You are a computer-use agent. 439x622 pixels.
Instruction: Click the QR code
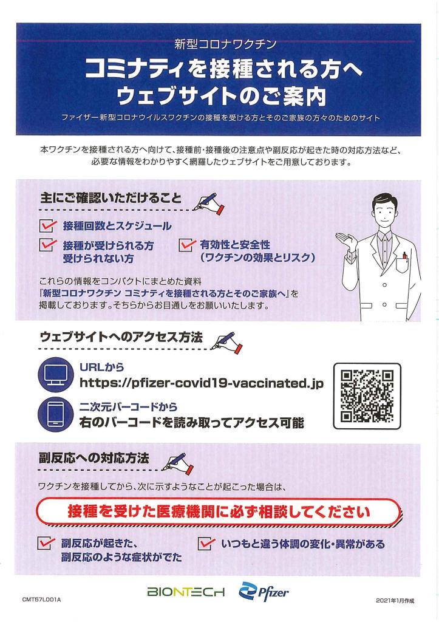pyautogui.click(x=368, y=395)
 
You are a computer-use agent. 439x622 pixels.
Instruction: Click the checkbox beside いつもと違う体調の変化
pyautogui.click(x=207, y=543)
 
